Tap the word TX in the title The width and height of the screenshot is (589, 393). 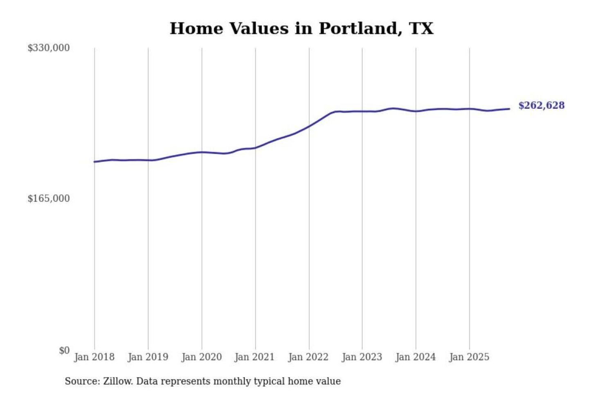click(421, 29)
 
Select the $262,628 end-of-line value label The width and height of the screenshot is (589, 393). click(541, 106)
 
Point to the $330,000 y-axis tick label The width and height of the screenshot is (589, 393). click(49, 48)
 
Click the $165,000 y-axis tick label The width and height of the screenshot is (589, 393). click(49, 199)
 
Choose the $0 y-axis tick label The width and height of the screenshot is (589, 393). click(64, 350)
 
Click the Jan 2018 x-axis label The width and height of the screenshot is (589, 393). click(94, 357)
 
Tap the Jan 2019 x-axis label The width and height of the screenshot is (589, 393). click(148, 357)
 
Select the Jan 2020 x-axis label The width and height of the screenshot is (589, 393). click(201, 357)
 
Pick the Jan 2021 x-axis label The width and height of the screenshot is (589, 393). click(254, 357)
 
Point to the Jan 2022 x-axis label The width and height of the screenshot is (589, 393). click(308, 357)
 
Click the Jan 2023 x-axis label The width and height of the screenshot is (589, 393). click(362, 357)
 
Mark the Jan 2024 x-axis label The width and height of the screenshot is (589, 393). click(415, 357)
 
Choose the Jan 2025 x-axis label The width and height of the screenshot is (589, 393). click(469, 357)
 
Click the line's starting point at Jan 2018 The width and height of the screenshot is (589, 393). click(94, 162)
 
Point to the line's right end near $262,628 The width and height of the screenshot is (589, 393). click(509, 109)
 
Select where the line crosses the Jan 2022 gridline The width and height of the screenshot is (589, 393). click(309, 126)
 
